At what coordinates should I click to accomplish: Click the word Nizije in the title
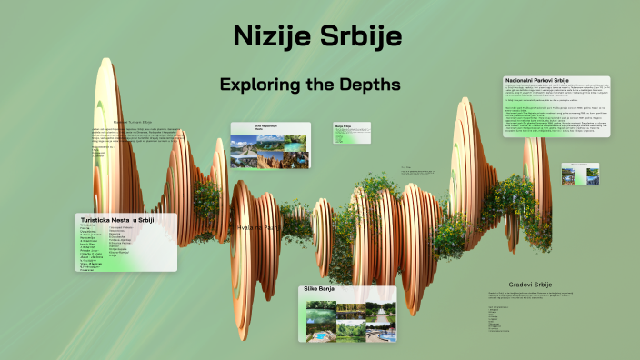[272, 37]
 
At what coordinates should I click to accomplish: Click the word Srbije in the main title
[364, 37]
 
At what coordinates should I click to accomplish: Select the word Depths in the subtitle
[370, 85]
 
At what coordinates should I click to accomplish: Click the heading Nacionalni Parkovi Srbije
[544, 82]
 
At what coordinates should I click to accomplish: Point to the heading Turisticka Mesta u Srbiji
[116, 220]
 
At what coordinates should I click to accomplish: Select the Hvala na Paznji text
[257, 227]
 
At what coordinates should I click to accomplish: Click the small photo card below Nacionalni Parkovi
[579, 174]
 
